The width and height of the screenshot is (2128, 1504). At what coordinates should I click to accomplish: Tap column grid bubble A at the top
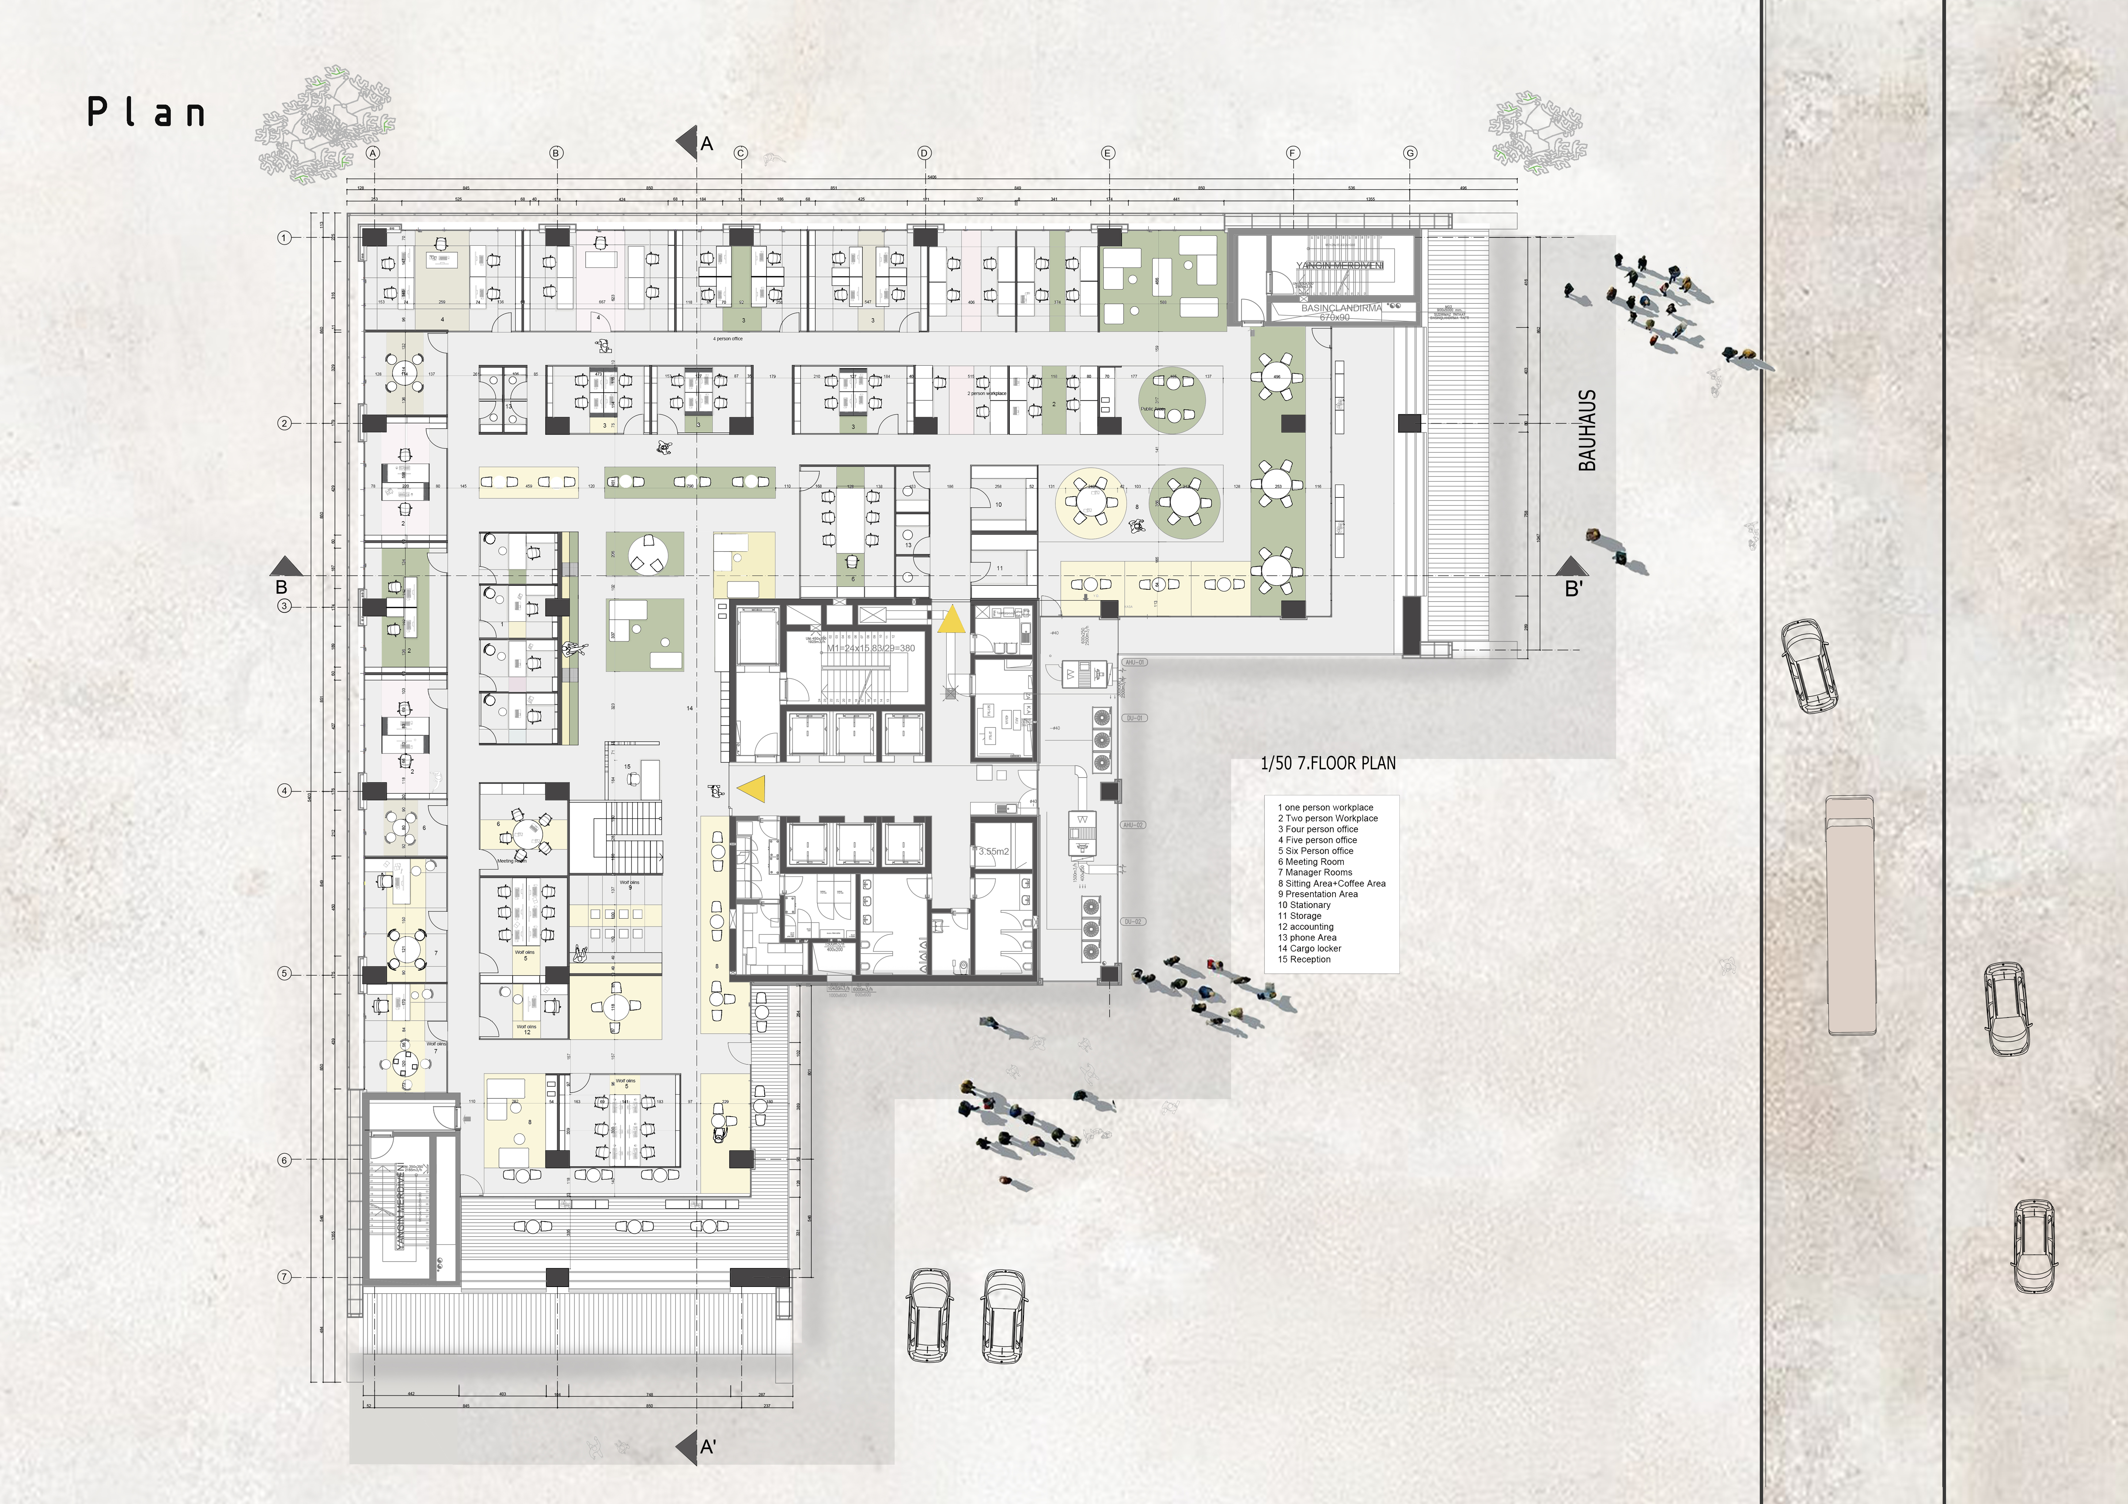(372, 153)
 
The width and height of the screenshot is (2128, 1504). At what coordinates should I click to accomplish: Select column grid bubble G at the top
(1410, 153)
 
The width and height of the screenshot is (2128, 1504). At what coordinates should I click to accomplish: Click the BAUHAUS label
(1588, 431)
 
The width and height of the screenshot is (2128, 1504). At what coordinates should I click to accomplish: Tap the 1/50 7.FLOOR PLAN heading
(1327, 764)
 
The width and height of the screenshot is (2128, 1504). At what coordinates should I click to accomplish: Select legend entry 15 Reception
(1304, 959)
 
